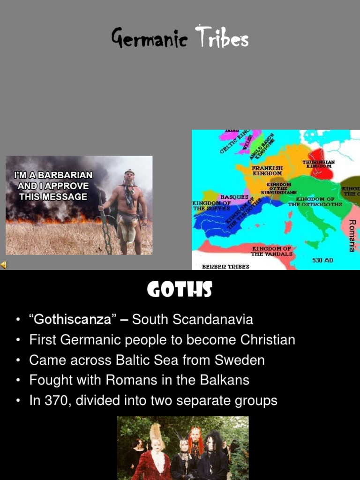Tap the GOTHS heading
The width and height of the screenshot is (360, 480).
coord(180,290)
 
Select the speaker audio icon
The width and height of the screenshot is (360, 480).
coord(4,265)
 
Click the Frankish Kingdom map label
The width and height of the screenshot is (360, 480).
coord(267,170)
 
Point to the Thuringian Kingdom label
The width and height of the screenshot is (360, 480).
coord(318,164)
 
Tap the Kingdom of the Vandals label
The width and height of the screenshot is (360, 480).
coord(272,251)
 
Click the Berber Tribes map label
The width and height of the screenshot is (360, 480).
coord(225,266)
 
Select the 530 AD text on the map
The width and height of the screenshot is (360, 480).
coord(322,260)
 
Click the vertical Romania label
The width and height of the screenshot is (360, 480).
coord(352,235)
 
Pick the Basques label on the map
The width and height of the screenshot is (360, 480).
coord(234,197)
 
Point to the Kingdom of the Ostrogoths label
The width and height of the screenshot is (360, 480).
coord(315,202)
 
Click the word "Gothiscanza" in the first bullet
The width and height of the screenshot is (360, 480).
coord(73,320)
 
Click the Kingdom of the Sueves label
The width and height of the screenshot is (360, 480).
coord(211,206)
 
